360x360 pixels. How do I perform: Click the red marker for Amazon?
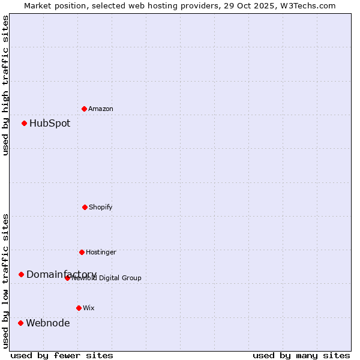[84, 109]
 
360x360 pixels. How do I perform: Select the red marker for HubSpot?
[24, 123]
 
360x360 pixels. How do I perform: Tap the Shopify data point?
[85, 207]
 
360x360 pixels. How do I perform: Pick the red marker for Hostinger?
[82, 252]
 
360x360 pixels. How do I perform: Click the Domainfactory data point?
[21, 274]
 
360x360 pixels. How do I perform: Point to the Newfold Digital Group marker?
[67, 278]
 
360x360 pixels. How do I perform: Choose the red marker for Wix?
[79, 308]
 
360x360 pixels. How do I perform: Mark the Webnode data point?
[20, 323]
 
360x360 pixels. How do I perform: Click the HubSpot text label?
[50, 124]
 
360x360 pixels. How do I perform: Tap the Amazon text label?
[101, 109]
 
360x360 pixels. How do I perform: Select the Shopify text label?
[101, 207]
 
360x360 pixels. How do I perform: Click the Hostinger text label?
[101, 252]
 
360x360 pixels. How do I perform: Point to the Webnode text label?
[48, 323]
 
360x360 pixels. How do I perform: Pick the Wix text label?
[89, 308]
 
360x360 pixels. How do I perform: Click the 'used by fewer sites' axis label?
[62, 356]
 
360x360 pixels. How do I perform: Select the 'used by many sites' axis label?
[301, 356]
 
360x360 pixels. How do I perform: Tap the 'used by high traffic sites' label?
[5, 85]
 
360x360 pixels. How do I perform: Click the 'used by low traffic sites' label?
[5, 281]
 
